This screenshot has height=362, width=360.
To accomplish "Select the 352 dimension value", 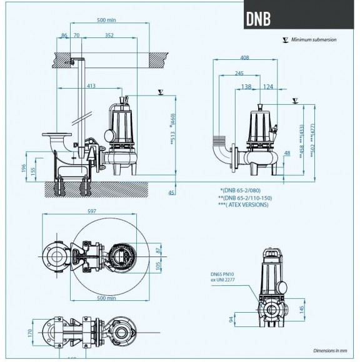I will [109, 36].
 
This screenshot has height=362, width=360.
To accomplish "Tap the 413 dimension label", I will [91, 86].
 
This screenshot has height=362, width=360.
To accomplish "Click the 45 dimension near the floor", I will [172, 193].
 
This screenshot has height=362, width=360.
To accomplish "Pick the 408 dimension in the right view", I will [244, 58].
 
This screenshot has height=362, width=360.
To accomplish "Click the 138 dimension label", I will [246, 86].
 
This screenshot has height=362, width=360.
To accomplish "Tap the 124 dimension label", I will [267, 86].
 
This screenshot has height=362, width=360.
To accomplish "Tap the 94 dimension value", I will [232, 321].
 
